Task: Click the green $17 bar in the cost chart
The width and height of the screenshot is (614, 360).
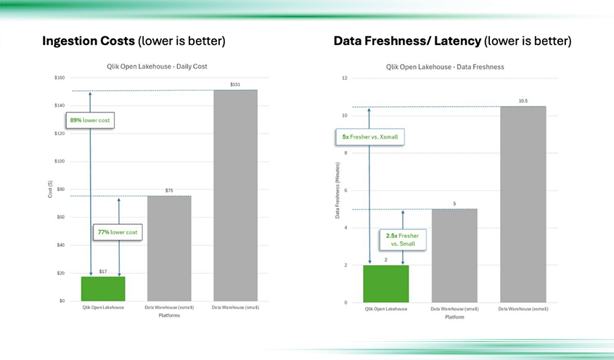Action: click(102, 288)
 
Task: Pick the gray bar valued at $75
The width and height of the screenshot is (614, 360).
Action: click(168, 247)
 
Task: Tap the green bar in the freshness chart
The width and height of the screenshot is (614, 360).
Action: click(385, 283)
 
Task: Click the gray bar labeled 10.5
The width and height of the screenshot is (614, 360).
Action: click(522, 204)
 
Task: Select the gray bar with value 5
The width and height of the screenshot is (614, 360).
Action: click(454, 255)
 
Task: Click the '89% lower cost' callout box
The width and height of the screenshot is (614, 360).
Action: click(90, 120)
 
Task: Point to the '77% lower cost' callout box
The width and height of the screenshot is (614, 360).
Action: click(118, 233)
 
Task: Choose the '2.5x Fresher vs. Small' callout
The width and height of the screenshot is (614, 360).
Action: click(403, 240)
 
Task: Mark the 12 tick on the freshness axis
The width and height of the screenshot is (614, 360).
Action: click(345, 78)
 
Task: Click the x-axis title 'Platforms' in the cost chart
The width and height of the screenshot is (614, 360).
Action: click(168, 314)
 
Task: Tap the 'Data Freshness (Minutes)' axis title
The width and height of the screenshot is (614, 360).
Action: click(337, 190)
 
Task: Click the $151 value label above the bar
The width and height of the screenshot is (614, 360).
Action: click(235, 85)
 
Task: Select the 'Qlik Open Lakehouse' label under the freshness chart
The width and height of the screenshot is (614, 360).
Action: click(385, 308)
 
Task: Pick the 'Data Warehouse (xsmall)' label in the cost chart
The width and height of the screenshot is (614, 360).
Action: click(168, 308)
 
